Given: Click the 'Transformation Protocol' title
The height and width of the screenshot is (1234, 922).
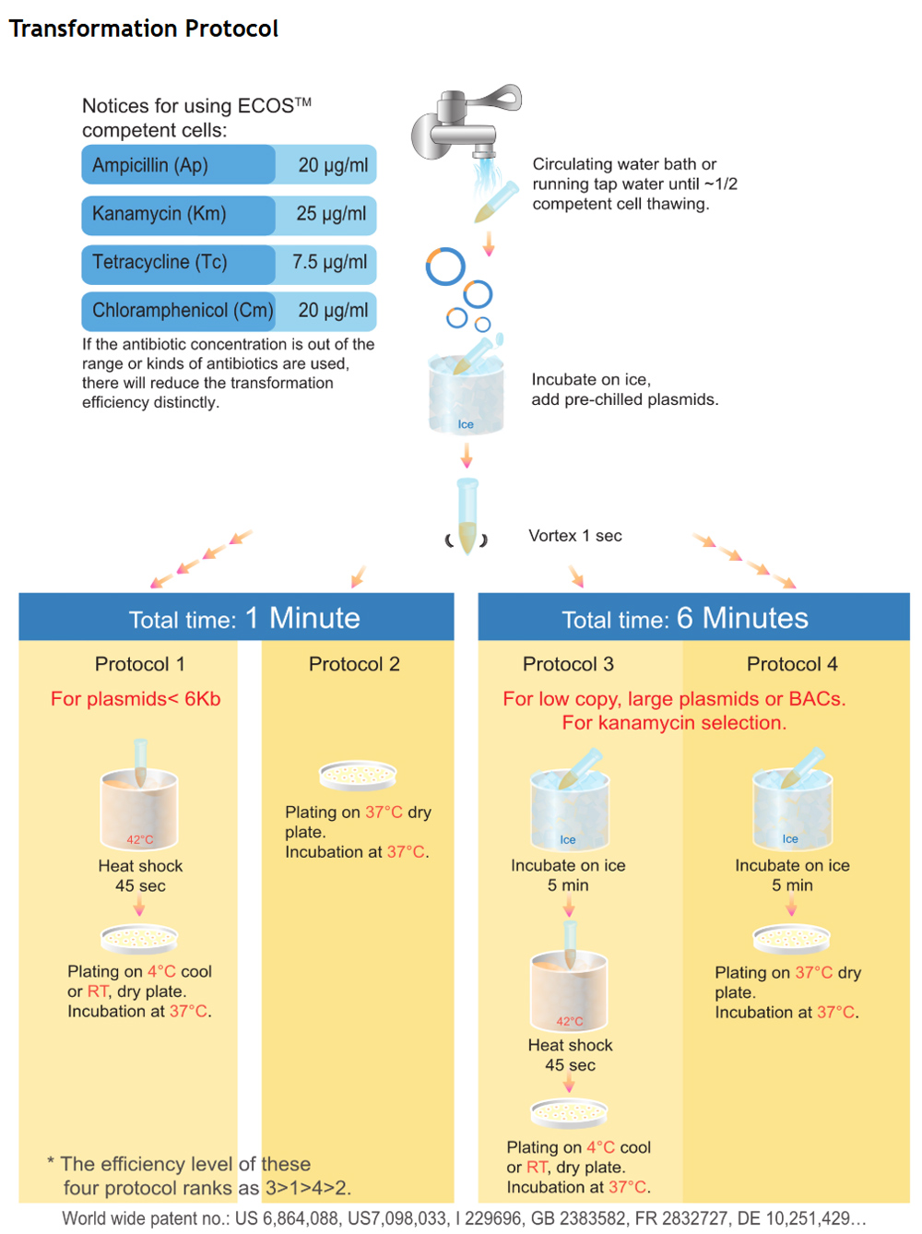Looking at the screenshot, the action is click(143, 28).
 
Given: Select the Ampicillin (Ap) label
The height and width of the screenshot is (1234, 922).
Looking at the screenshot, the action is click(150, 165).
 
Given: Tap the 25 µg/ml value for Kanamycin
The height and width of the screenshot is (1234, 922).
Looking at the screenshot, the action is click(331, 214).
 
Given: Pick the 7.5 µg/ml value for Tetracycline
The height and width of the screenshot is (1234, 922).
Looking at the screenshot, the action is click(329, 262).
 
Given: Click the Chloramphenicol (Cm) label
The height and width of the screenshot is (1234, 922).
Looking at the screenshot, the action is click(183, 310).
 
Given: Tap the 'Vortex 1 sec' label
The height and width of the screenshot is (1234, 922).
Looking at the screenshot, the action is click(574, 536).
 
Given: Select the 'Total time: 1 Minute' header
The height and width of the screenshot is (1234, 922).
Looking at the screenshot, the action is click(244, 618).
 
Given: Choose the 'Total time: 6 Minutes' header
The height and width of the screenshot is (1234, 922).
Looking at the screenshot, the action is click(685, 618).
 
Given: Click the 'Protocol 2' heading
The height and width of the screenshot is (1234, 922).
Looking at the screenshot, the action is click(354, 664).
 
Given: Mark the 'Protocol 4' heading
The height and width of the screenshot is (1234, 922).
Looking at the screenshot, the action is click(792, 664).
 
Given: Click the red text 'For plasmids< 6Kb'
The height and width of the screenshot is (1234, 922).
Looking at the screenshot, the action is click(136, 699).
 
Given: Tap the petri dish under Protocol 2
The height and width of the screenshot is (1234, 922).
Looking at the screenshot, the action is click(358, 776).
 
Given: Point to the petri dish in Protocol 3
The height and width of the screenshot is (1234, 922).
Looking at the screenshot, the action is click(569, 1112).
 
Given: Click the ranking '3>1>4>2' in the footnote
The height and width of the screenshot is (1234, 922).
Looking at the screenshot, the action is click(309, 1187).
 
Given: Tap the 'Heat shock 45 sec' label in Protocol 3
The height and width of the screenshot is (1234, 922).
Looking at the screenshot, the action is click(570, 1055).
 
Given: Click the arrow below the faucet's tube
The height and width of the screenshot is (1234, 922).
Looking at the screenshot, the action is click(489, 243).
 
